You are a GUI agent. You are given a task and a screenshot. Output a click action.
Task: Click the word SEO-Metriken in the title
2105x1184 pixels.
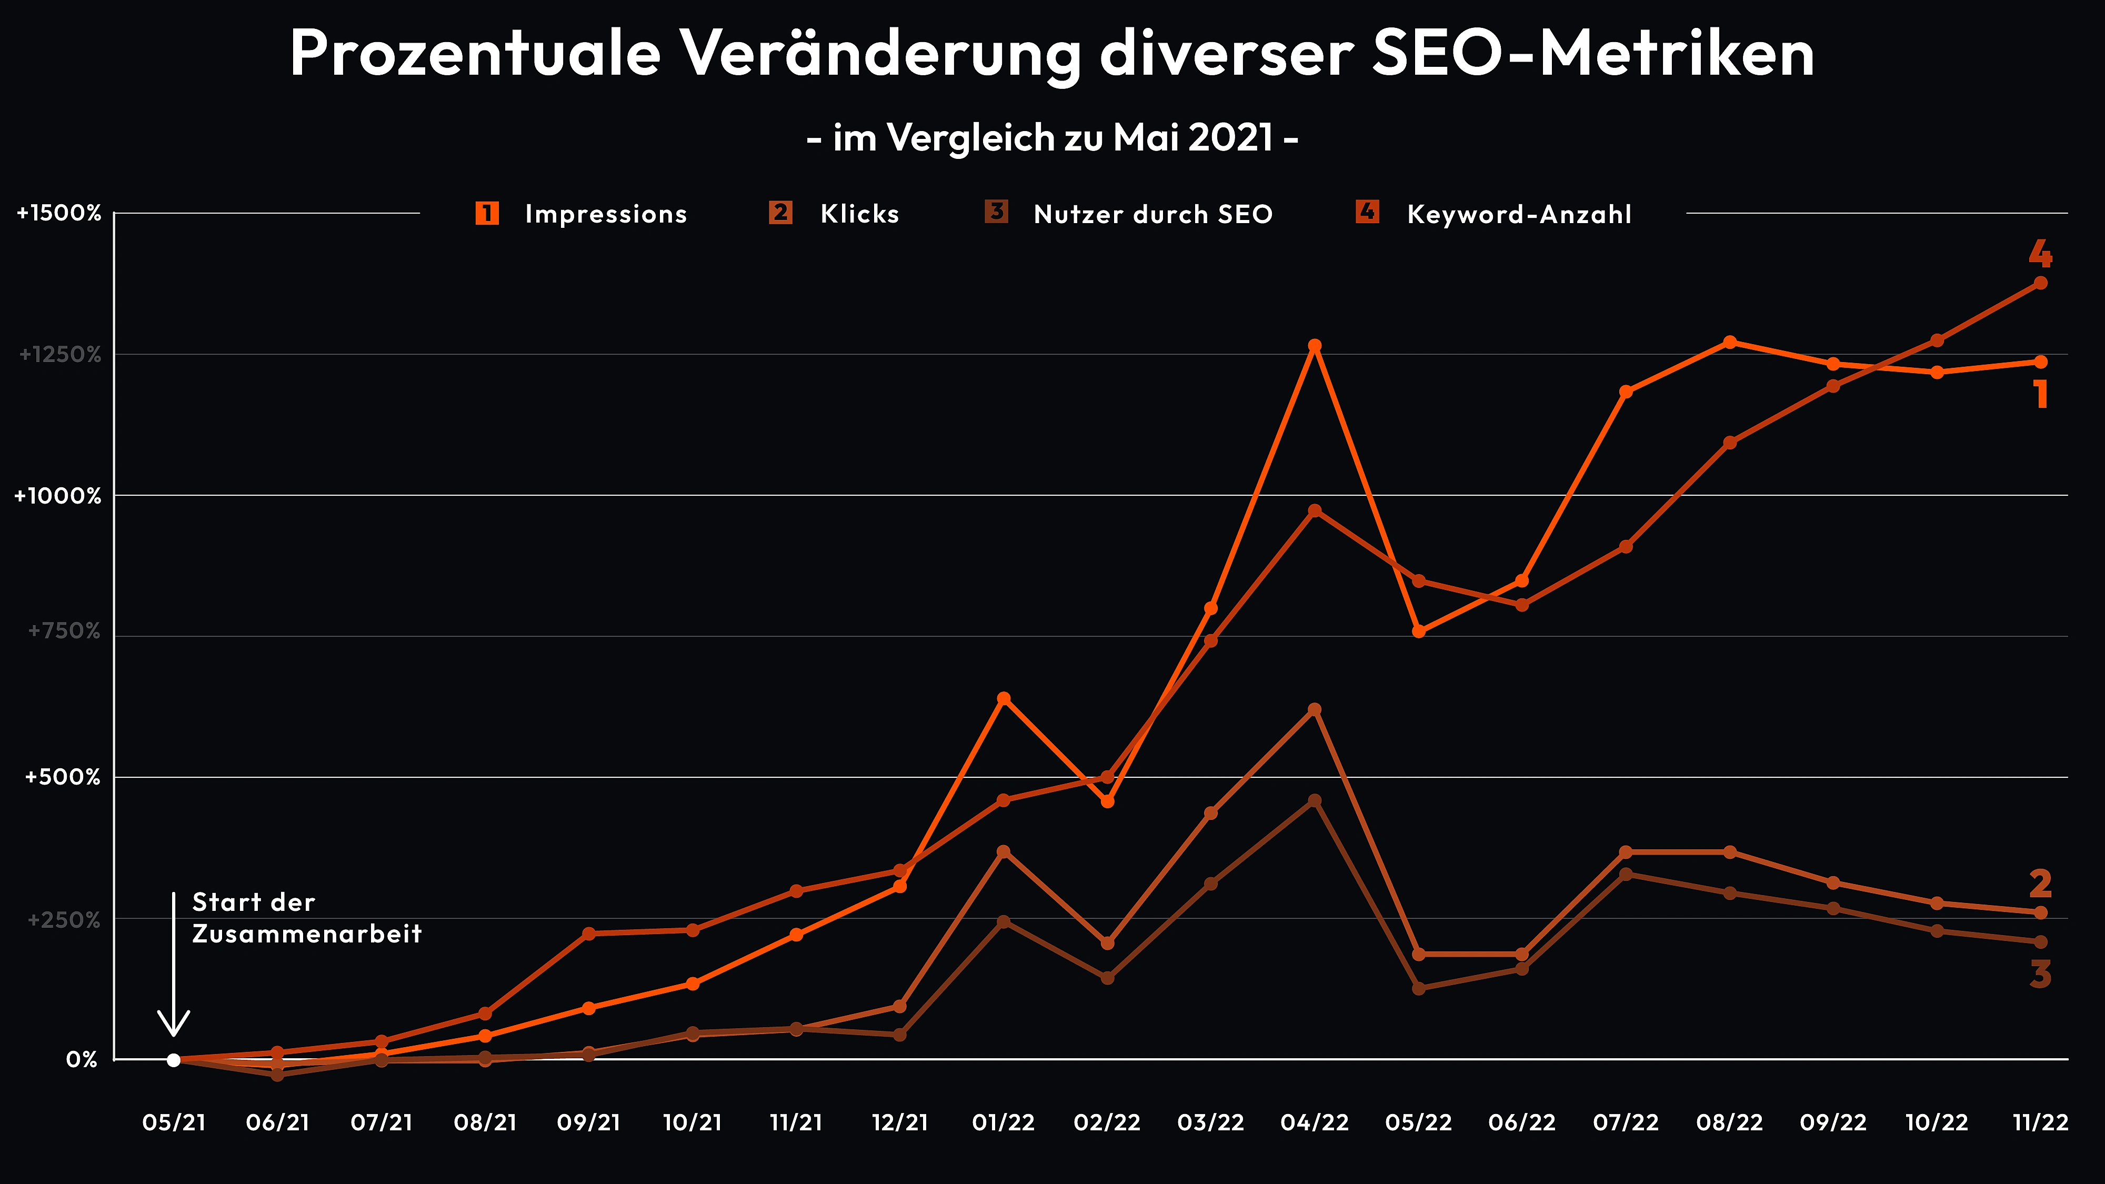click(1592, 54)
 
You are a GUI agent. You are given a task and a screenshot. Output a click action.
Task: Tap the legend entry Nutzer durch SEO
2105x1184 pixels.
click(1152, 214)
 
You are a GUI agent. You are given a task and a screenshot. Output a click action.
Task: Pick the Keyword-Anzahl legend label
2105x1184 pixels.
click(1518, 214)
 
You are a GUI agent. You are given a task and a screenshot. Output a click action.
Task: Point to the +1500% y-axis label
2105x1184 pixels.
click(59, 213)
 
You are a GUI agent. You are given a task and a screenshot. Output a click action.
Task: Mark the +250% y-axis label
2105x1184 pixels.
click(64, 920)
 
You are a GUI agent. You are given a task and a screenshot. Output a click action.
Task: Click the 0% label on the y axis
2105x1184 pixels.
click(82, 1060)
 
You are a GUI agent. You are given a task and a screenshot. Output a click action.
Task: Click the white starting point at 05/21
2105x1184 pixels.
click(173, 1060)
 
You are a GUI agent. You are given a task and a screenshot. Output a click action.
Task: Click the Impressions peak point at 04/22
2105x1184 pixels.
click(1314, 346)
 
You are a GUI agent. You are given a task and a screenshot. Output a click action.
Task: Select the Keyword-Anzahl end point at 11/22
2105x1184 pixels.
click(2040, 283)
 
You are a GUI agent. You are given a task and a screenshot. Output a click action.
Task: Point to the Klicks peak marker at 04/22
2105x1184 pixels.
click(1314, 709)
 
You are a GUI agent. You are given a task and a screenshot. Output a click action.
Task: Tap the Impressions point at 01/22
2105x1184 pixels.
click(1004, 699)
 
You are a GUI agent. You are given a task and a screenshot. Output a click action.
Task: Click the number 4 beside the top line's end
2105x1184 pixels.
click(2040, 254)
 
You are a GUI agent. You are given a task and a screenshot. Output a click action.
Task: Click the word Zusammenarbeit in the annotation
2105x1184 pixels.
click(306, 934)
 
